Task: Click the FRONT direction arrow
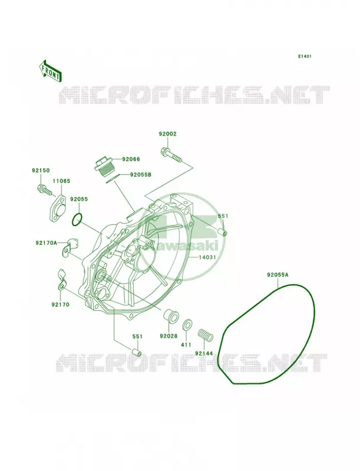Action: coord(50,71)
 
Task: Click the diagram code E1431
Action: coord(305,56)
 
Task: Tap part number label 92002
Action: coord(168,134)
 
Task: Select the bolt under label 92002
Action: coord(171,154)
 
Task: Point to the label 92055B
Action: coord(141,174)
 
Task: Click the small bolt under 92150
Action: coord(44,190)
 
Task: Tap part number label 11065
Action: coord(61,181)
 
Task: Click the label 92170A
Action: coord(46,243)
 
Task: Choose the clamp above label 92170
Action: coord(62,280)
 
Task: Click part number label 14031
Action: coord(207,257)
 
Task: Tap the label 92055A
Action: coord(278,274)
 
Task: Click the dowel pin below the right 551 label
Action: coord(222,232)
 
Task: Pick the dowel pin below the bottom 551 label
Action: coord(137,351)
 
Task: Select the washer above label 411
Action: coord(187,326)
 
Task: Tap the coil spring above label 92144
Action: coord(205,336)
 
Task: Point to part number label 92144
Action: coord(204,353)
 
